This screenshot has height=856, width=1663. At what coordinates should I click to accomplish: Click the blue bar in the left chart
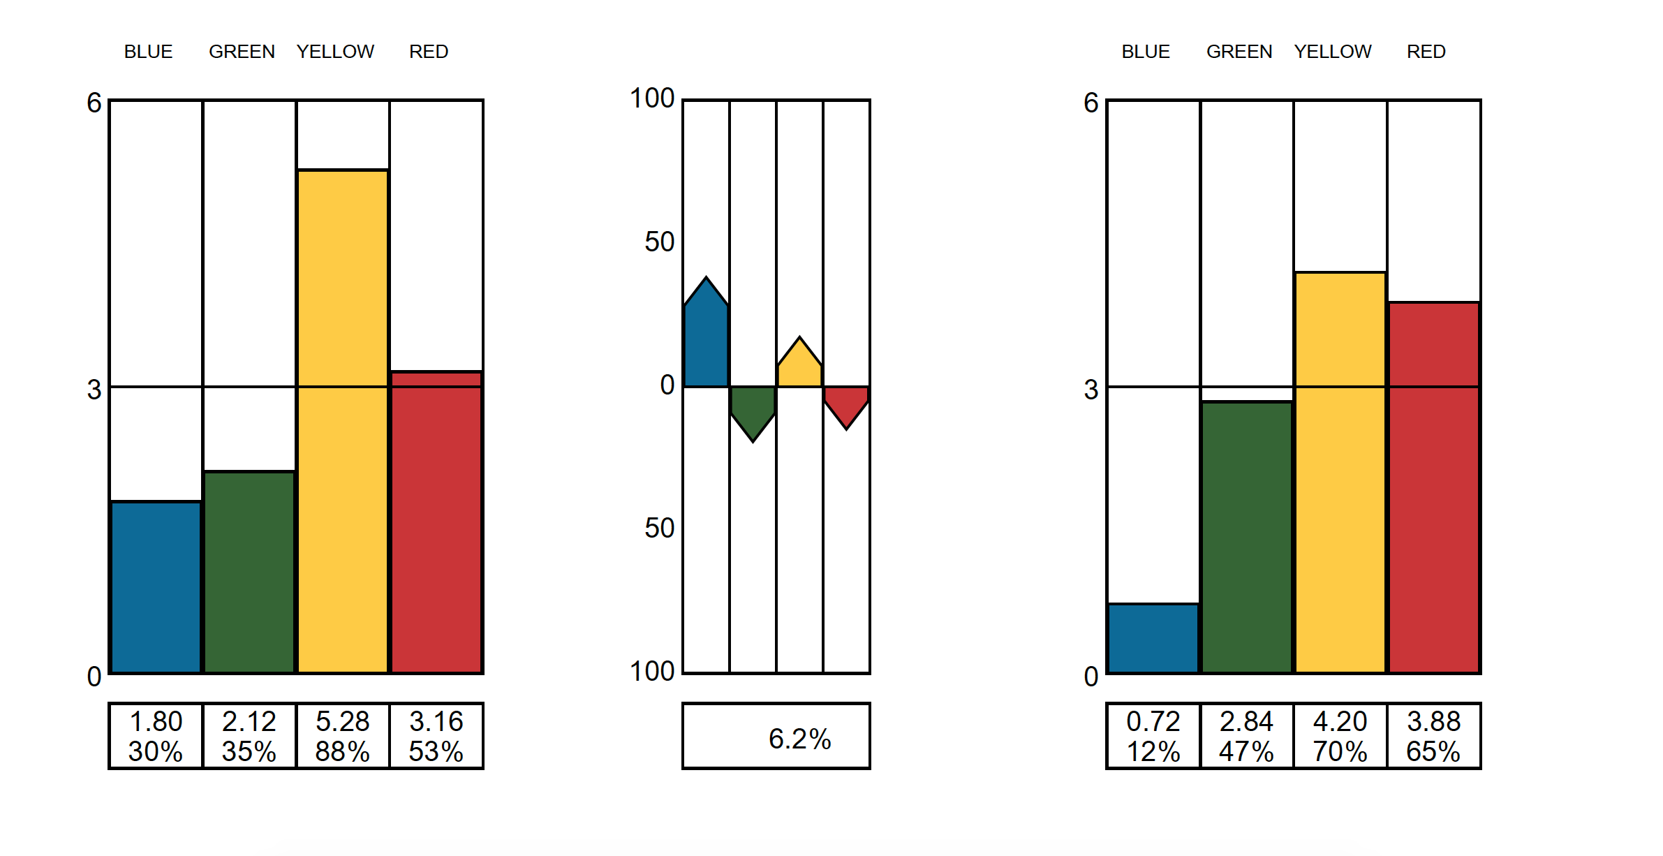click(x=156, y=586)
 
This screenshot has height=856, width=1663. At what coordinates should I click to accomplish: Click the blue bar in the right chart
click(x=1153, y=638)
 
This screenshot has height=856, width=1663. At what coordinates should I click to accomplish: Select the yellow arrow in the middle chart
click(x=799, y=367)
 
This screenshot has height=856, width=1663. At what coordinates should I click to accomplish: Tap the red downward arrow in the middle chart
click(x=846, y=404)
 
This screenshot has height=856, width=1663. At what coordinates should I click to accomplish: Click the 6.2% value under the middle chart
click(x=799, y=739)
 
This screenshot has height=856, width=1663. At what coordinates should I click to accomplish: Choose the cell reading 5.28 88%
click(x=343, y=736)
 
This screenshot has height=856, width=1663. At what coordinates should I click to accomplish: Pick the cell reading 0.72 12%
click(x=1153, y=736)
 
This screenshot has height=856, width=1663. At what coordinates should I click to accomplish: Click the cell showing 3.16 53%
click(x=436, y=736)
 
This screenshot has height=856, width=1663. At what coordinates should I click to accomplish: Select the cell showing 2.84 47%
click(x=1247, y=736)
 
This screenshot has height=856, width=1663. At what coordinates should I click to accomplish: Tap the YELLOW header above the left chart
click(x=335, y=52)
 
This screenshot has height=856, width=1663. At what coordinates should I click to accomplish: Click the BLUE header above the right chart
click(x=1146, y=52)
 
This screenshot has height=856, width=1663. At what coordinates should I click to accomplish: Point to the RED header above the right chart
click(x=1426, y=52)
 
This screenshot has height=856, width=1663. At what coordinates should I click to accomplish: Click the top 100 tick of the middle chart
click(x=652, y=98)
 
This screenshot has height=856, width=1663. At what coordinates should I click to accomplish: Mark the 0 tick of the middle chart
click(x=667, y=385)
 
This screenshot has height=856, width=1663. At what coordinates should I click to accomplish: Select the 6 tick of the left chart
click(x=94, y=103)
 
